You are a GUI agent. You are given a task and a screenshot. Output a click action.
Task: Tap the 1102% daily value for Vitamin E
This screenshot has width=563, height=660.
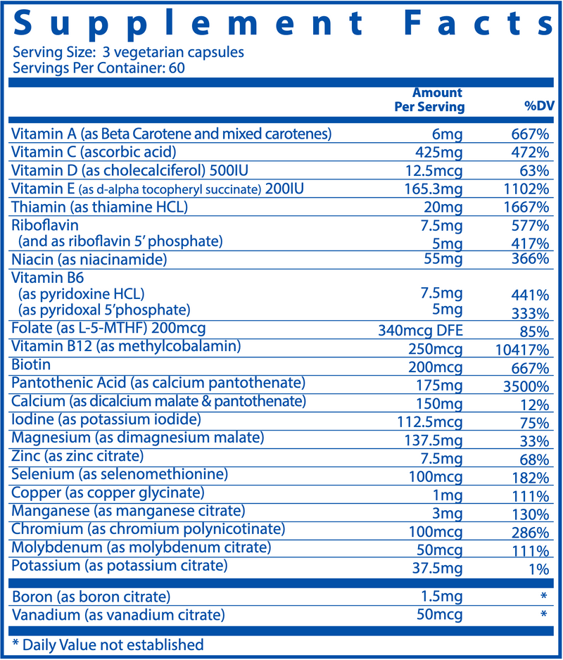click(526, 189)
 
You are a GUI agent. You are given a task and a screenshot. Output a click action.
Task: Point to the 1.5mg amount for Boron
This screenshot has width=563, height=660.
click(443, 597)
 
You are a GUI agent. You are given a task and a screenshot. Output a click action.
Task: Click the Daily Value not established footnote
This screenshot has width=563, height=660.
click(108, 645)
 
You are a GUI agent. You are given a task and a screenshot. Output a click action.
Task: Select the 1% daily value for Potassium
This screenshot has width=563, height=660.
click(538, 568)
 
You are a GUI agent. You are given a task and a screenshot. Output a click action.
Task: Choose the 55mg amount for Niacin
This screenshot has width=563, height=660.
click(447, 260)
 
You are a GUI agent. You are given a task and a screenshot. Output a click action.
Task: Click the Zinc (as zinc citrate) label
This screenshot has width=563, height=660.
click(82, 457)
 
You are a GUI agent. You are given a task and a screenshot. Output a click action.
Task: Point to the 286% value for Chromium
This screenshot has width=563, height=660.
click(530, 531)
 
